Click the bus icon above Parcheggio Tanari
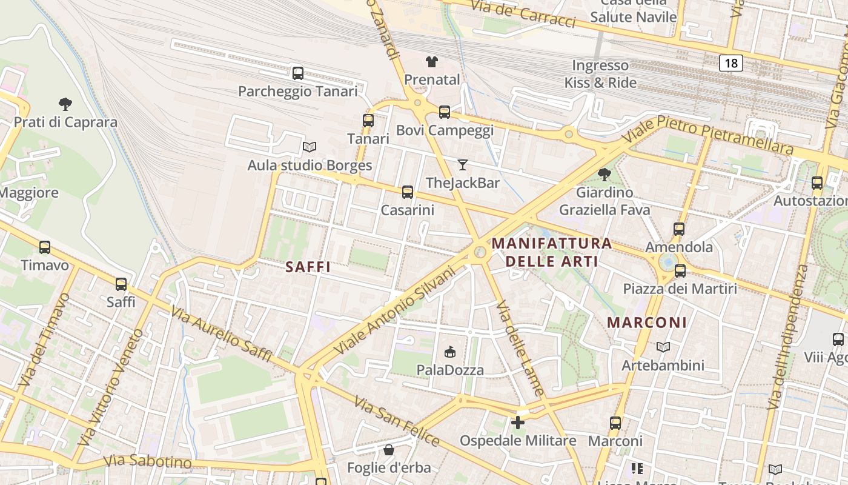[x=297, y=73]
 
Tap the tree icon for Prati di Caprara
[x=65, y=104]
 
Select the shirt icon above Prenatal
[x=432, y=61]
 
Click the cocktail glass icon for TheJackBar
[x=463, y=164]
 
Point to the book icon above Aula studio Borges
[x=310, y=147]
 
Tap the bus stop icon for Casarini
[x=408, y=192]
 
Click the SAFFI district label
[x=308, y=267]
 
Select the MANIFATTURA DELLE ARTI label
[x=552, y=252]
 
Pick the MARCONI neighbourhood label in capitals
[x=647, y=323]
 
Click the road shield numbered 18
[x=732, y=63]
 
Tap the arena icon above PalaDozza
[x=450, y=352]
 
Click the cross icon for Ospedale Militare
[x=518, y=423]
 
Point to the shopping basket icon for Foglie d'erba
[x=389, y=450]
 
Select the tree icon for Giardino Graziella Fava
[x=604, y=175]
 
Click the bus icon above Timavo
[x=45, y=247]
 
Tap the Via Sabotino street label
[x=148, y=461]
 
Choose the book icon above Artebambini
[x=663, y=347]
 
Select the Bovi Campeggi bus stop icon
[x=445, y=112]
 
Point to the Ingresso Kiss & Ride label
[x=600, y=74]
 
